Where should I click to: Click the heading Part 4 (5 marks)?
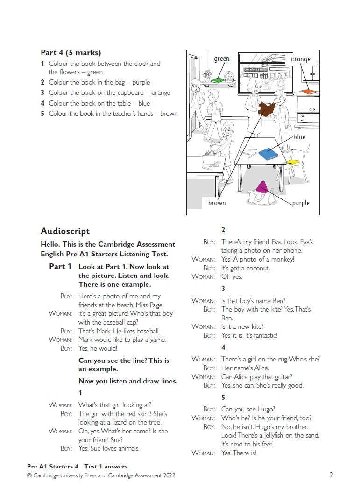pyautogui.click(x=71, y=53)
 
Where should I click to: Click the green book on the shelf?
pyautogui.click(x=217, y=80)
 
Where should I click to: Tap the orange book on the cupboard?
pyautogui.click(x=309, y=92)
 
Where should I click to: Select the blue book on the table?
pyautogui.click(x=268, y=154)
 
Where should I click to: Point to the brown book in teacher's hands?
pyautogui.click(x=266, y=109)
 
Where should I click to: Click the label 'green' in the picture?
pyautogui.click(x=221, y=59)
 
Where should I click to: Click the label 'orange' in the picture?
pyautogui.click(x=300, y=59)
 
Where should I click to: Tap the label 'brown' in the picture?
pyautogui.click(x=217, y=203)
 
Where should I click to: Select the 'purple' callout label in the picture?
pyautogui.click(x=301, y=203)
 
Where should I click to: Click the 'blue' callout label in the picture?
pyautogui.click(x=299, y=137)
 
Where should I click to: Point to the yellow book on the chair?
pyautogui.click(x=293, y=162)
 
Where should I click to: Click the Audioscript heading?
pyautogui.click(x=65, y=231)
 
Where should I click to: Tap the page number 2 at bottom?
pyautogui.click(x=331, y=475)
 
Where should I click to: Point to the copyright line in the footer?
pyautogui.click(x=101, y=475)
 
